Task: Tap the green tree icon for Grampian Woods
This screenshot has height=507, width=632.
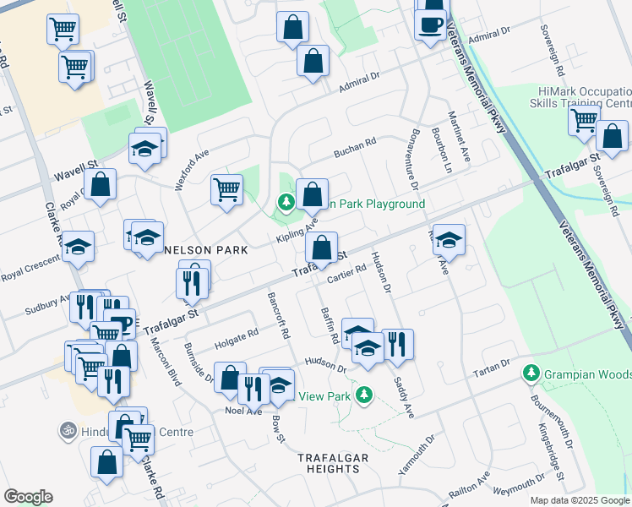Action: [x=531, y=372]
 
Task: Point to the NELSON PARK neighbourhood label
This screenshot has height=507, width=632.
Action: [x=206, y=250]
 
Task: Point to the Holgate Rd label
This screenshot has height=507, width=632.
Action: [x=237, y=335]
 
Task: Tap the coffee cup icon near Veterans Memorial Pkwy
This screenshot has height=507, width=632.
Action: [x=431, y=23]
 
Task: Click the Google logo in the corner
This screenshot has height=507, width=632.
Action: [x=28, y=497]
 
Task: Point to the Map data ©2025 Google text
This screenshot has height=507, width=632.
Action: [x=580, y=500]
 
